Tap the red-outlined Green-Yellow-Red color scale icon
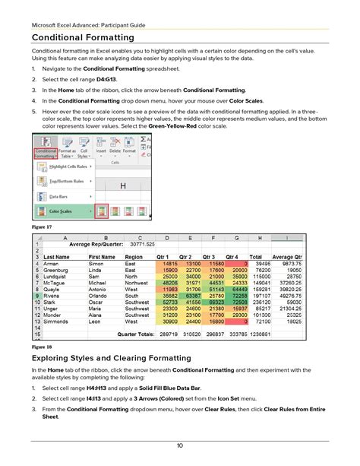pyautogui.click(x=102, y=212)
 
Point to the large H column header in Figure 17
pyautogui.click(x=122, y=185)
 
